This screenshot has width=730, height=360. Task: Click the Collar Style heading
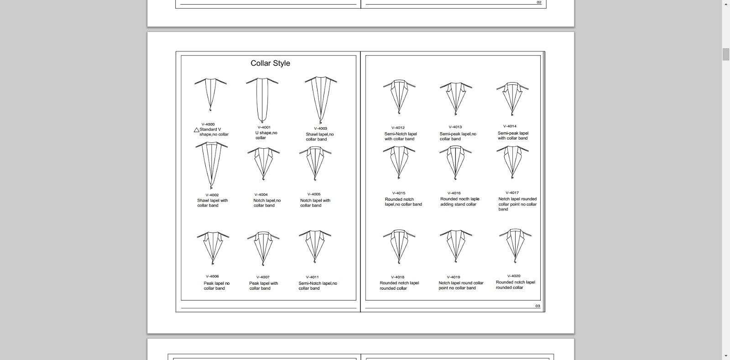pos(270,63)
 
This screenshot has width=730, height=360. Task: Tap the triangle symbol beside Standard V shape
pos(197,130)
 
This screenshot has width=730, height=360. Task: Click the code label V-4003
pos(320,129)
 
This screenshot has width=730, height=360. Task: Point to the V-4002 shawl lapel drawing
pos(212,165)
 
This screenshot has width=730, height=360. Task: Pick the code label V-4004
pos(261,195)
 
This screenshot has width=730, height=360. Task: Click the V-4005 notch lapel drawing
pos(315,163)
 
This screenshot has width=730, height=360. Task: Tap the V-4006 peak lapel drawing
pos(213,247)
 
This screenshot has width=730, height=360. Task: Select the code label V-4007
pos(263,277)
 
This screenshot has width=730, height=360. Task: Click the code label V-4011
pos(312,277)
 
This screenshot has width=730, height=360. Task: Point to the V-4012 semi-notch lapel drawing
pos(399,97)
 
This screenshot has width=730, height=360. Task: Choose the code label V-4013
pos(455,127)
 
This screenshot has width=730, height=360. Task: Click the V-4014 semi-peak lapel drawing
pos(512,99)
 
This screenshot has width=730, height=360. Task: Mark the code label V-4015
pos(399,193)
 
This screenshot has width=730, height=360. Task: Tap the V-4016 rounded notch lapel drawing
pos(455,162)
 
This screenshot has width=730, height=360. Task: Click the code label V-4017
pos(512,193)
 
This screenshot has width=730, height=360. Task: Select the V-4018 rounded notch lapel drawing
pos(399,246)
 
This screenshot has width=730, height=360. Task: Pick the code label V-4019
pos(454,277)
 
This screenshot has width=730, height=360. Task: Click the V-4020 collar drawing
pos(515,245)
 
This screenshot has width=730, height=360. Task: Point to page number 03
pos(538,306)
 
